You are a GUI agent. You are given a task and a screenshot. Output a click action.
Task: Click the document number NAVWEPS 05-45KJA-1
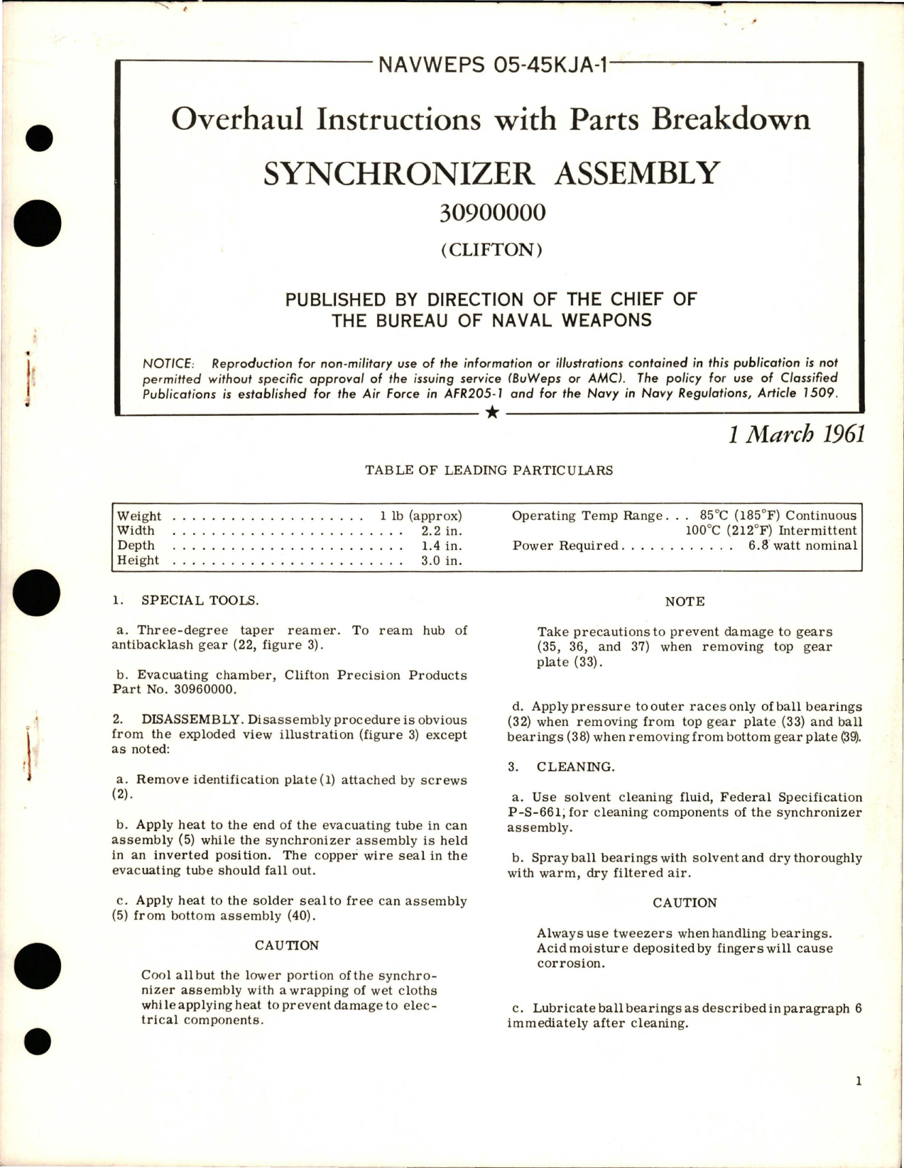(493, 65)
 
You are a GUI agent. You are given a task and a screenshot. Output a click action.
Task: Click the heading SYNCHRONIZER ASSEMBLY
(491, 173)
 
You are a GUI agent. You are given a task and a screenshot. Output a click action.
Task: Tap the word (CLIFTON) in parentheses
(491, 250)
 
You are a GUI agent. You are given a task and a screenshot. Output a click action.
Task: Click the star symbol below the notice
(492, 413)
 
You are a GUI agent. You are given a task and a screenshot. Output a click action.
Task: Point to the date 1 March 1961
(797, 434)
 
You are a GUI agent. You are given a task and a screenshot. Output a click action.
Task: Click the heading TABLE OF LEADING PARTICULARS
(489, 470)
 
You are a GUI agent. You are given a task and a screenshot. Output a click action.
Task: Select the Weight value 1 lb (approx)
(420, 516)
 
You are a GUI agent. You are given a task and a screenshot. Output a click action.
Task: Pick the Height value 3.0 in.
(441, 561)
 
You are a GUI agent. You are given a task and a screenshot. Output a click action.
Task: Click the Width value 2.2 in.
(441, 531)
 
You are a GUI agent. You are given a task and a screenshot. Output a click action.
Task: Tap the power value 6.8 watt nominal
(802, 546)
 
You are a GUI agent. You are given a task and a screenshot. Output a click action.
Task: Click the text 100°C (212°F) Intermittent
(770, 531)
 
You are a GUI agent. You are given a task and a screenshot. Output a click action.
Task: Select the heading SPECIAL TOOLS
(200, 600)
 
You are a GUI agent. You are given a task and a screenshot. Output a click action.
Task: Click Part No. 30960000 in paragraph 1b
(174, 690)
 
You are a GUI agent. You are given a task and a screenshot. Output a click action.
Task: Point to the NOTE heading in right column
(685, 602)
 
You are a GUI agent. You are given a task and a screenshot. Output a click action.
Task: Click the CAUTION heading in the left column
(287, 946)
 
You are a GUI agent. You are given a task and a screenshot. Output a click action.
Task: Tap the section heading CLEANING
(575, 767)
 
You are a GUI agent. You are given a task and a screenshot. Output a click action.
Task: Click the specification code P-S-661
(536, 812)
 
